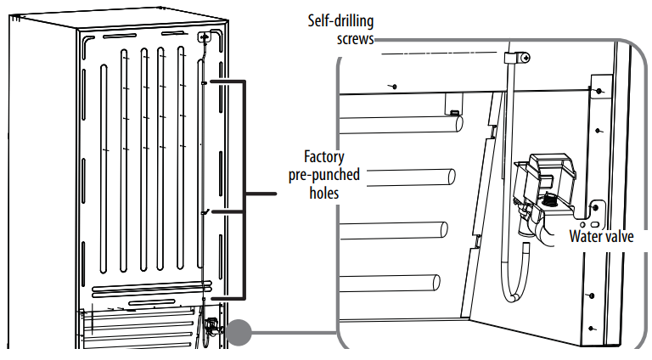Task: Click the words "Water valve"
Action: tap(601, 237)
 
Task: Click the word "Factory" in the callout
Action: tap(323, 157)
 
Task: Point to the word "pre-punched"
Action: tap(323, 175)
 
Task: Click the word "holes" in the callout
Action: tap(323, 193)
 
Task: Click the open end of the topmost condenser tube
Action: tap(458, 124)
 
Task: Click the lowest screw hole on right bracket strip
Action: tap(596, 326)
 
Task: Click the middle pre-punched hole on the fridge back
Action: tap(204, 211)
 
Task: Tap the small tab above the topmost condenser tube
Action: tap(455, 111)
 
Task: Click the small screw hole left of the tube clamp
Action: tap(395, 86)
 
